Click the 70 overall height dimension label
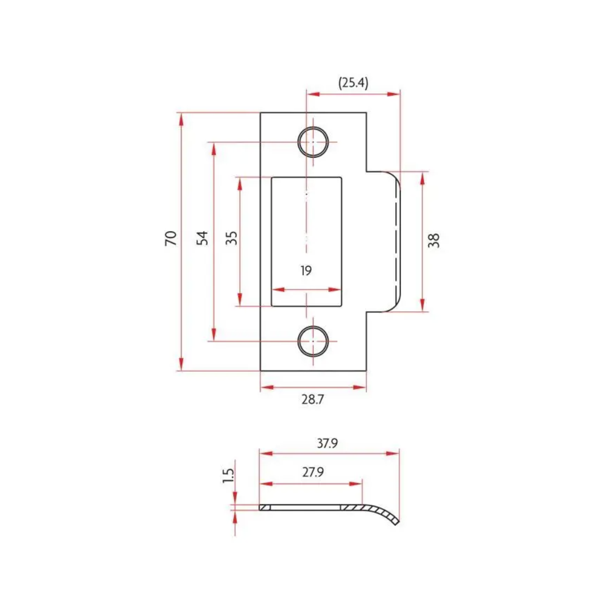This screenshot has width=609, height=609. click(170, 238)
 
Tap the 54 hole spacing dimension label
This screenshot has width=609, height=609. click(202, 238)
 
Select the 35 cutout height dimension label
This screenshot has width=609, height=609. click(232, 238)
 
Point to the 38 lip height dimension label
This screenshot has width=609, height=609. click(434, 241)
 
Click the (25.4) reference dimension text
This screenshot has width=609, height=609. click(353, 83)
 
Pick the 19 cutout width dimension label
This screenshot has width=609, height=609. click(306, 270)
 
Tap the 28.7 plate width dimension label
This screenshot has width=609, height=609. click(312, 399)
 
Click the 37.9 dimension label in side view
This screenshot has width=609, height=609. click(328, 443)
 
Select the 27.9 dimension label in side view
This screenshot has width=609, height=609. click(313, 472)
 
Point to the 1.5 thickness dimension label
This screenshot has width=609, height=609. click(228, 476)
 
